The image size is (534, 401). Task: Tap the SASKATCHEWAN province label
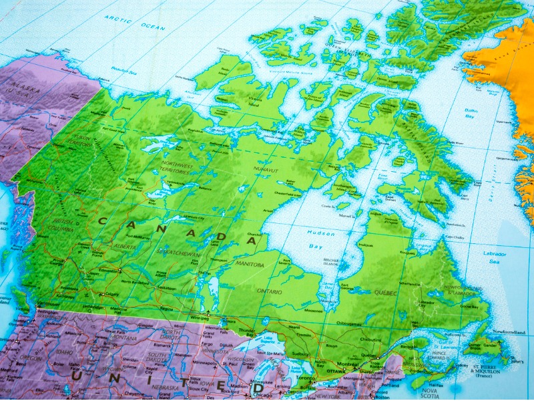(x=177, y=254)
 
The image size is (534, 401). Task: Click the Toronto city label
(x=305, y=378)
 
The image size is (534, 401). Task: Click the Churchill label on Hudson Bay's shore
(x=254, y=235)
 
